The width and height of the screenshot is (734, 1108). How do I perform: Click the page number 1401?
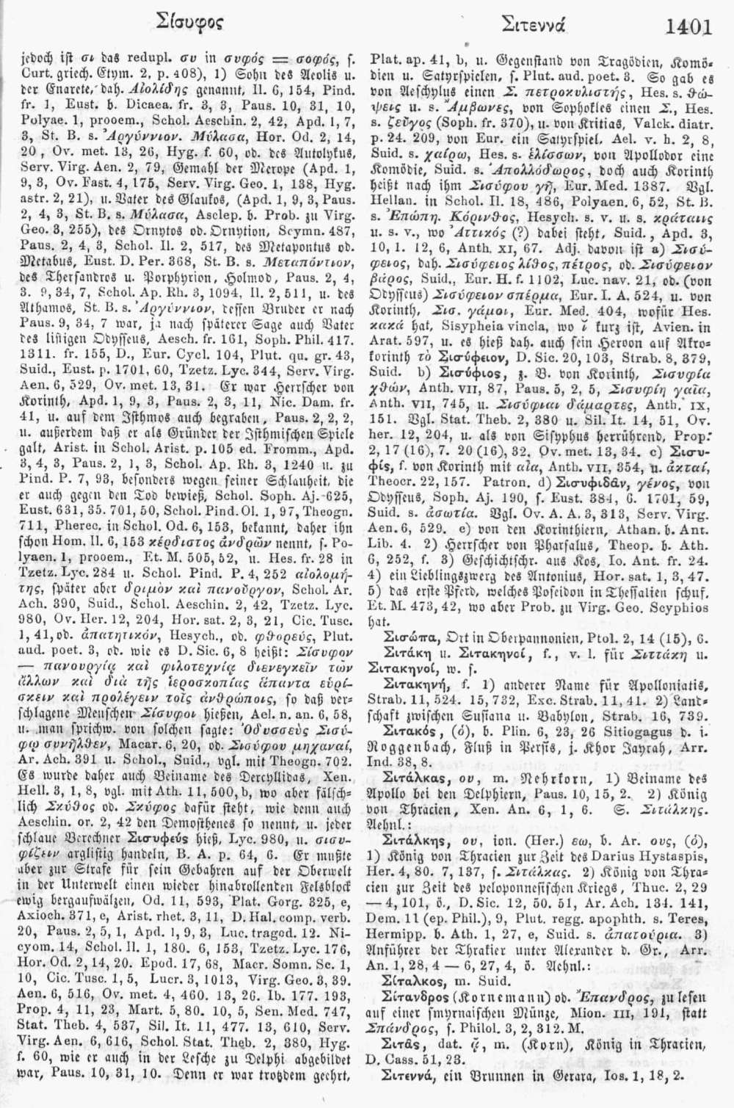click(x=689, y=27)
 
